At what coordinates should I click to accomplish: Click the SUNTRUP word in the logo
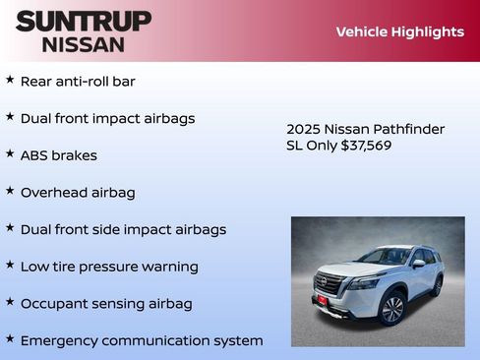coord(84,21)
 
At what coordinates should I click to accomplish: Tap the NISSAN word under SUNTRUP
coord(84,43)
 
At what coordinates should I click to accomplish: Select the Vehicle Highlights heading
coord(399,31)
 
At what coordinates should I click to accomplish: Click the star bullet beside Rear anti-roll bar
coord(10,80)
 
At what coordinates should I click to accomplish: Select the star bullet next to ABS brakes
coord(10,153)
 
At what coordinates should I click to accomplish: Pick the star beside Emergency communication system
coord(10,339)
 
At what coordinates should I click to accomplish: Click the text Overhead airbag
coord(78,192)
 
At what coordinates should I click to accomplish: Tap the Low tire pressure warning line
coord(109,267)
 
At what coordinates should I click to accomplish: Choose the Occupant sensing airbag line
coord(106,303)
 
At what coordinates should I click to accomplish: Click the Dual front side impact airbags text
coord(123,229)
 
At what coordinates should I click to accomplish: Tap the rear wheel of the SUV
coord(436,286)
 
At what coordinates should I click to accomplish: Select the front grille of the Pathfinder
coord(330,284)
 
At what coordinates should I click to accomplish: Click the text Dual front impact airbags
coord(107,118)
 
